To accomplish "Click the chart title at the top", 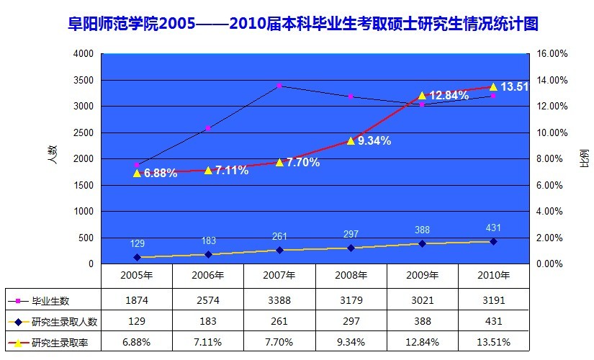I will [x=297, y=24].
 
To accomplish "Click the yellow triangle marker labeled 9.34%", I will [x=351, y=140].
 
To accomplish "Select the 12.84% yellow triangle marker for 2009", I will [x=423, y=95].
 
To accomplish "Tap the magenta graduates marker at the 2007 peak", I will [x=279, y=86].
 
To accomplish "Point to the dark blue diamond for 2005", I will [x=137, y=257].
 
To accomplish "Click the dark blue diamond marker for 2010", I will [x=493, y=241].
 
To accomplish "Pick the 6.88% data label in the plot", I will [x=160, y=174].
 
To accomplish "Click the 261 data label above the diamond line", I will [x=279, y=236].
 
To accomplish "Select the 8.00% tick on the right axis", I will [x=551, y=159].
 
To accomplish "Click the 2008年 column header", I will [x=351, y=275].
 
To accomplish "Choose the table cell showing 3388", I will [x=279, y=300].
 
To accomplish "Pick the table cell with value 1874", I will [x=137, y=300].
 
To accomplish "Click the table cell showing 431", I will [x=493, y=320].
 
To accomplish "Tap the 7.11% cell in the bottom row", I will [x=208, y=341].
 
